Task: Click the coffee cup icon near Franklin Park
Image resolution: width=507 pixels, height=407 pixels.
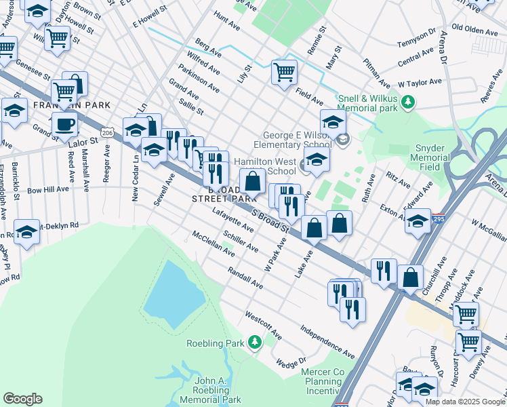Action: tap(64, 124)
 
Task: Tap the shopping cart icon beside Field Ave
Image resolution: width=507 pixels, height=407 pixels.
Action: tap(284, 71)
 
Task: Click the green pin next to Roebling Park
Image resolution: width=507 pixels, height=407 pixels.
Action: tap(255, 343)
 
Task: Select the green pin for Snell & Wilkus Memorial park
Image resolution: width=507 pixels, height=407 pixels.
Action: tap(408, 102)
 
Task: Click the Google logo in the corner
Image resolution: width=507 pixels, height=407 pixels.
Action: tap(22, 399)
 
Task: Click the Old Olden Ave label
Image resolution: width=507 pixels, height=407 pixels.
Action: tap(475, 28)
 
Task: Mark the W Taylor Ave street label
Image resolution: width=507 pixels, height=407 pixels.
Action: tap(420, 83)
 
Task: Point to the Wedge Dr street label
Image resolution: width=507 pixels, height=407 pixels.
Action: tap(291, 364)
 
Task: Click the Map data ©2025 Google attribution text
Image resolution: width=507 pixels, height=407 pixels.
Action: tap(464, 402)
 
